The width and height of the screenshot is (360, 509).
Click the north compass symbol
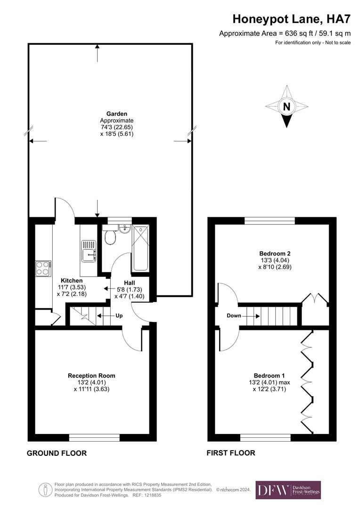[286, 107]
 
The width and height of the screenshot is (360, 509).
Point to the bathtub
[140, 248]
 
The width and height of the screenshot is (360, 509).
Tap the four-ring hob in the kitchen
[43, 268]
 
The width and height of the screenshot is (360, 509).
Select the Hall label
[129, 282]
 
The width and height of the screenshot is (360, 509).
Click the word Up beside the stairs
[119, 315]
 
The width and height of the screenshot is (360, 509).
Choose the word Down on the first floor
[234, 315]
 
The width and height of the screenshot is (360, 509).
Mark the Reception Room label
[91, 376]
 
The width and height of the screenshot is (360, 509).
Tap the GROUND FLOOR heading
[57, 453]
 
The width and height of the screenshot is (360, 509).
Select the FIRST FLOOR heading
[231, 453]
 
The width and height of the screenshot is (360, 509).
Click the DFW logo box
[288, 490]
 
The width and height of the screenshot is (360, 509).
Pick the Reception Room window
[94, 437]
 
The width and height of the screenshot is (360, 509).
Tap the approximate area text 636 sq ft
[285, 33]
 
